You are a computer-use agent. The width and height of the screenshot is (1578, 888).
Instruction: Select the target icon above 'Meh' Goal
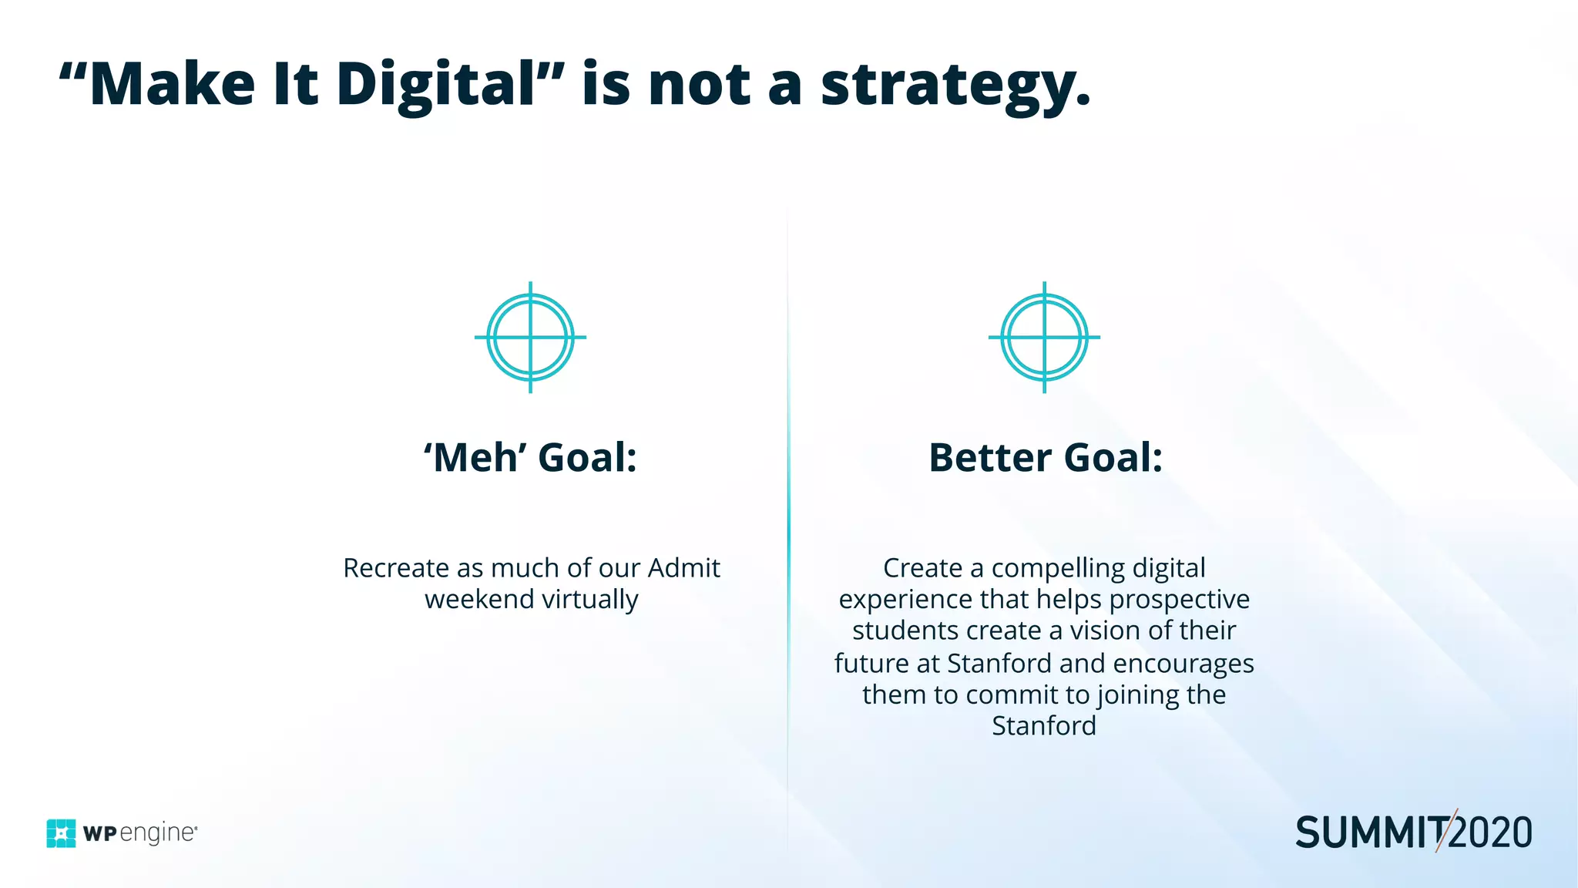pyautogui.click(x=530, y=337)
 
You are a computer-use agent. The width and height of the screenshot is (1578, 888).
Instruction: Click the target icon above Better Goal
pyautogui.click(x=1044, y=337)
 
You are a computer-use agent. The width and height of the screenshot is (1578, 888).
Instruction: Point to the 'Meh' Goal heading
pyautogui.click(x=530, y=457)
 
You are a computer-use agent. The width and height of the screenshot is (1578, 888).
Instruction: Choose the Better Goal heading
pyautogui.click(x=1045, y=457)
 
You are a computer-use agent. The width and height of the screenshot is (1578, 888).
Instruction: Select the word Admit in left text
pyautogui.click(x=683, y=568)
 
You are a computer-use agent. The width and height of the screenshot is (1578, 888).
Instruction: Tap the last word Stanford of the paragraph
pyautogui.click(x=1043, y=726)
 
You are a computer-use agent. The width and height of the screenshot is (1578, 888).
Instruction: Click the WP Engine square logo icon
pyautogui.click(x=61, y=833)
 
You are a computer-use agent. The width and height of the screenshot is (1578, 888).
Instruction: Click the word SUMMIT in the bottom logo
pyautogui.click(x=1369, y=833)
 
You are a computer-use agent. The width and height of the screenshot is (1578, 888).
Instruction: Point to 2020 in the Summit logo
pyautogui.click(x=1491, y=833)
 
